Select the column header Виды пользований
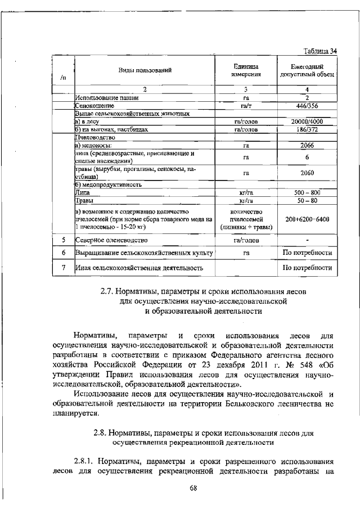coord(144,70)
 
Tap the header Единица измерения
coord(246,70)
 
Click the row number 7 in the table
coord(64,267)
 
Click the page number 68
coord(194,487)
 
